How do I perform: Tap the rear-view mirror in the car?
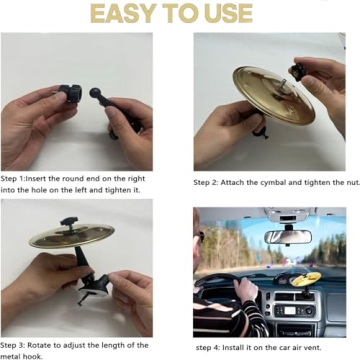287,237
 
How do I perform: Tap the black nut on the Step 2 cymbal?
297,73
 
